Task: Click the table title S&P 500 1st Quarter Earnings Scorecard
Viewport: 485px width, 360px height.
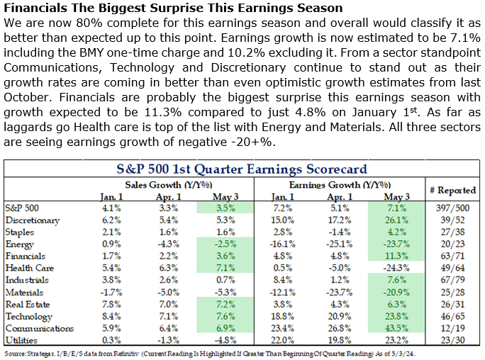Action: point(241,169)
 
